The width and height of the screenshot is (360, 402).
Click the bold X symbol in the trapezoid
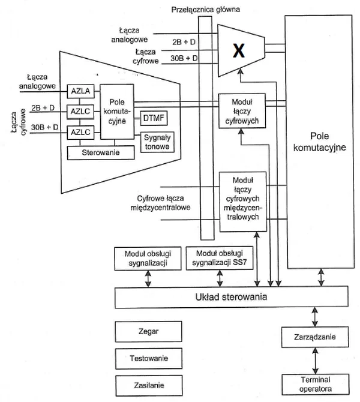[x=239, y=50]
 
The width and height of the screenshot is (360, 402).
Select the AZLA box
[x=80, y=91]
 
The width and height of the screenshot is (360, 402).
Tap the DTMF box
[x=154, y=118]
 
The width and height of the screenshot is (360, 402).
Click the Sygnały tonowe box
[x=157, y=142]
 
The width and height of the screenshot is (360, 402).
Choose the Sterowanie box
[x=101, y=152]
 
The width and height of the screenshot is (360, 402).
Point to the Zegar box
[x=148, y=331]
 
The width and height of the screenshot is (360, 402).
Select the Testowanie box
[x=149, y=358]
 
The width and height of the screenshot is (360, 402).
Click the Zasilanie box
[x=149, y=385]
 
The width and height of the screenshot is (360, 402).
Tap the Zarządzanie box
[x=315, y=337]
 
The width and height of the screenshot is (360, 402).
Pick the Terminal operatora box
[x=316, y=385]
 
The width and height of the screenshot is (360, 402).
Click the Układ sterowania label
[x=231, y=297]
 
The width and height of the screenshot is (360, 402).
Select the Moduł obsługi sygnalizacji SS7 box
[x=220, y=258]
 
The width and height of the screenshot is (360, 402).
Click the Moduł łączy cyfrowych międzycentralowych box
[x=243, y=202]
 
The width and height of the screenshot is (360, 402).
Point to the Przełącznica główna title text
[x=206, y=10]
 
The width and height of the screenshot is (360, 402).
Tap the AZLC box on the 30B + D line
[x=80, y=133]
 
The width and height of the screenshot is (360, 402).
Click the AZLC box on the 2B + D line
[x=80, y=112]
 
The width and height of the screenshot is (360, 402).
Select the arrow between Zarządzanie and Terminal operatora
[x=315, y=361]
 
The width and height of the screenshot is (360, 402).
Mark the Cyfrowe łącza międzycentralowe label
[x=161, y=203]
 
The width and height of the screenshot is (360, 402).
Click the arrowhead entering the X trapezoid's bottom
[x=240, y=71]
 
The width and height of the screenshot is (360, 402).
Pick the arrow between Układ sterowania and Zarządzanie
[x=315, y=317]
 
